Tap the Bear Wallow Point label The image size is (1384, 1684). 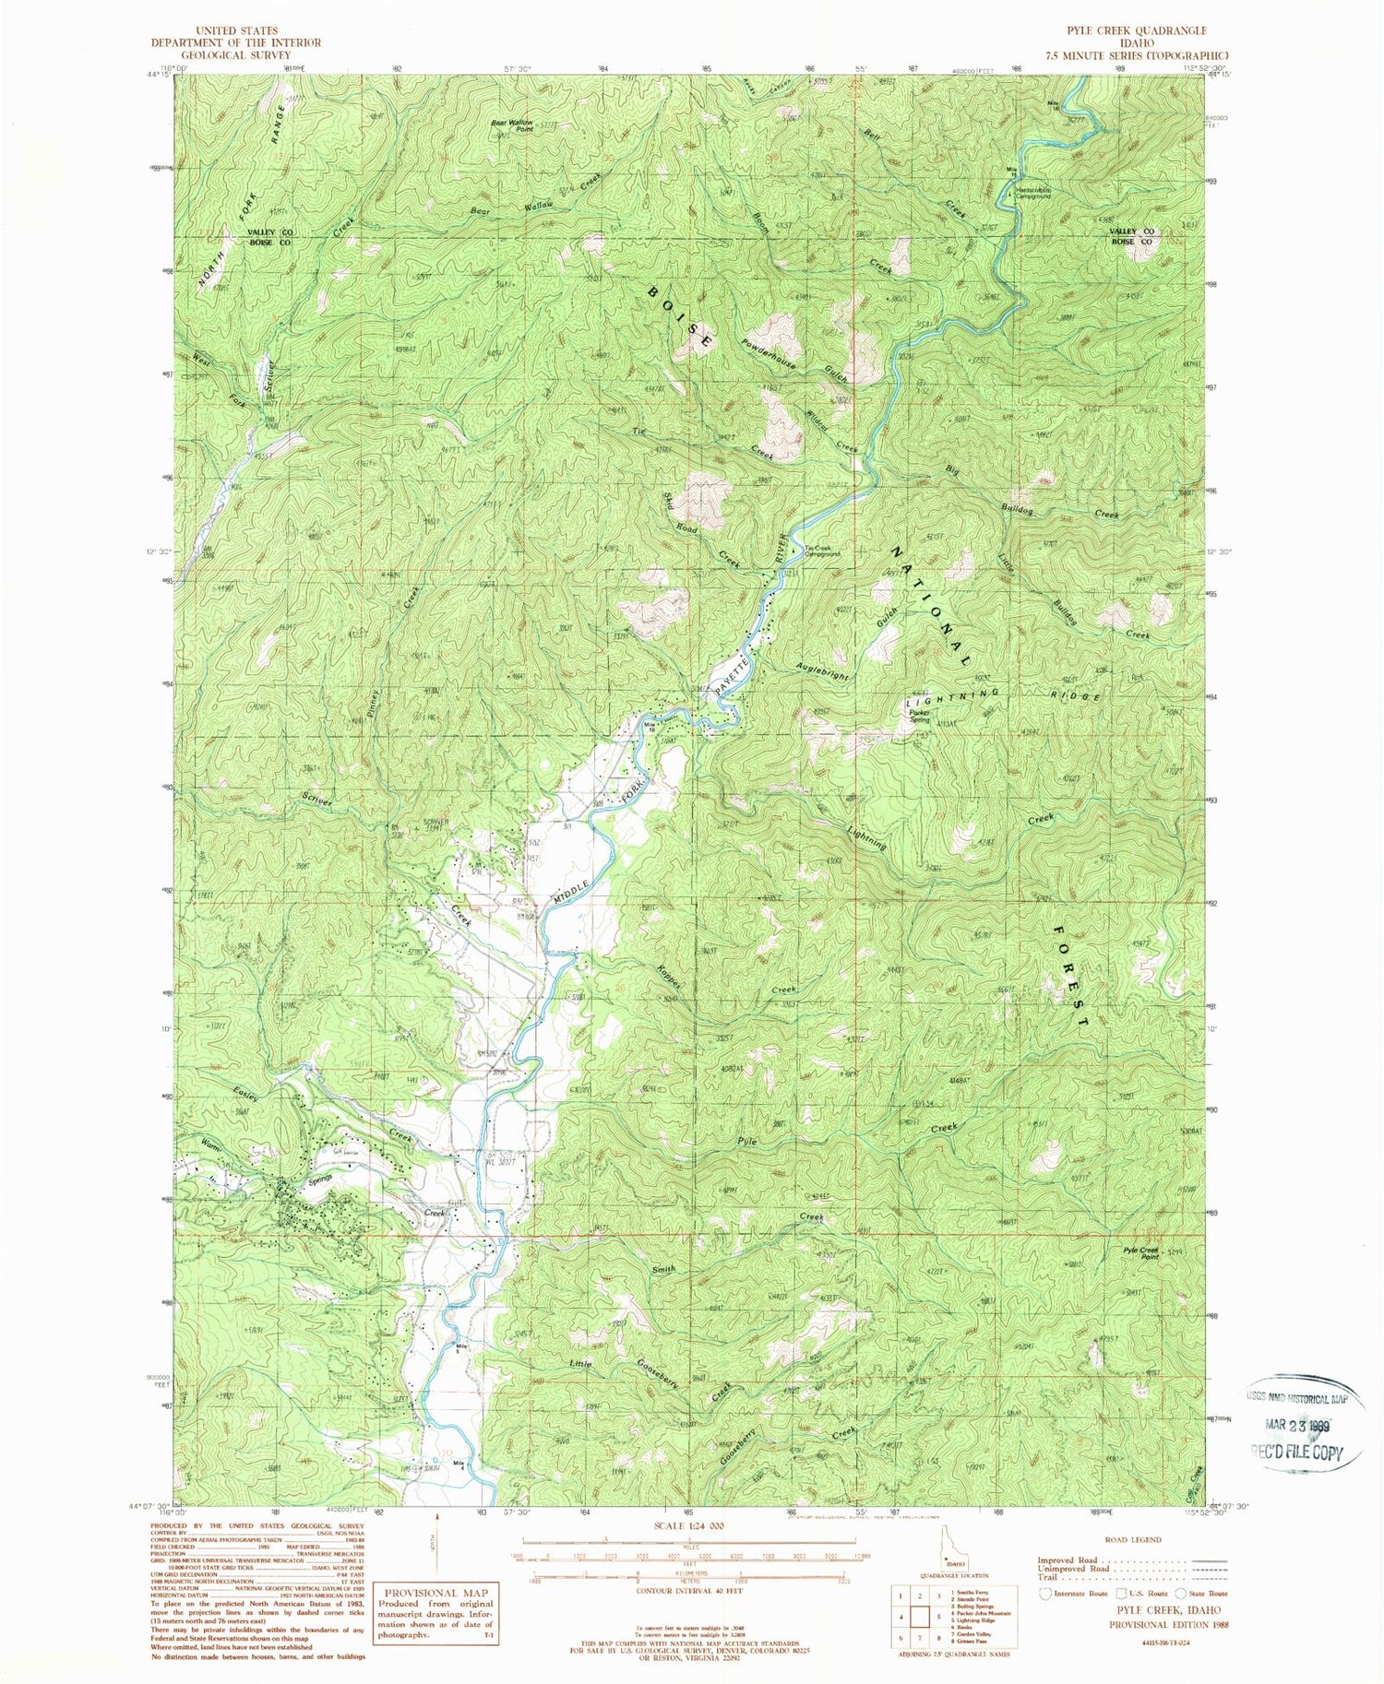tap(512, 125)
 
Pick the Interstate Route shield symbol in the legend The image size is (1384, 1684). tap(1046, 1593)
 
